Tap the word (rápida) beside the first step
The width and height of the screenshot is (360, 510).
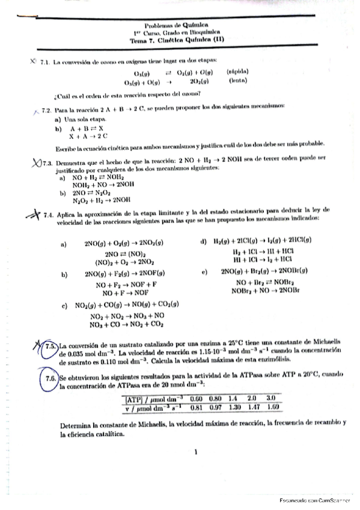pyautogui.click(x=238, y=71)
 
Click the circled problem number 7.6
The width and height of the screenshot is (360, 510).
pyautogui.click(x=50, y=378)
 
